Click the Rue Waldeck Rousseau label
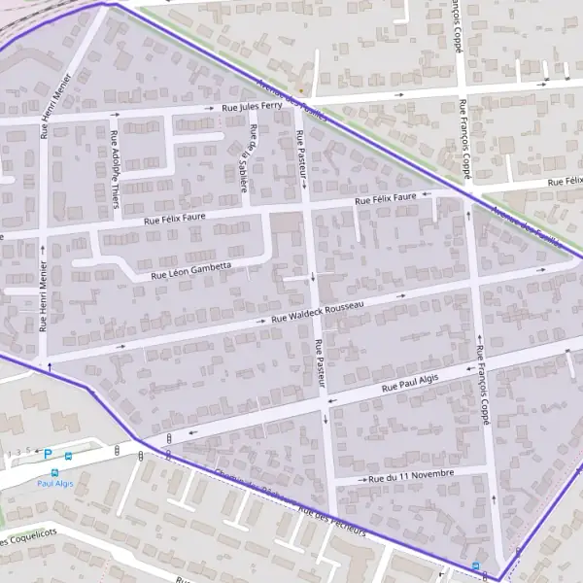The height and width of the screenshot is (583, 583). tap(318, 311)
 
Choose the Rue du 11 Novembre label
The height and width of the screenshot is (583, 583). tap(411, 476)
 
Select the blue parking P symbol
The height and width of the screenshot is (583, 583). tap(47, 454)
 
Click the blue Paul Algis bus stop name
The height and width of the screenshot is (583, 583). tap(55, 483)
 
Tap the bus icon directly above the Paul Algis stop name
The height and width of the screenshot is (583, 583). tap(54, 471)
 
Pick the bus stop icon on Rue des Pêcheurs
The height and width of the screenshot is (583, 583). tap(475, 566)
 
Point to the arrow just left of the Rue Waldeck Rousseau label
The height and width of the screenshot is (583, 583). tap(261, 322)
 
